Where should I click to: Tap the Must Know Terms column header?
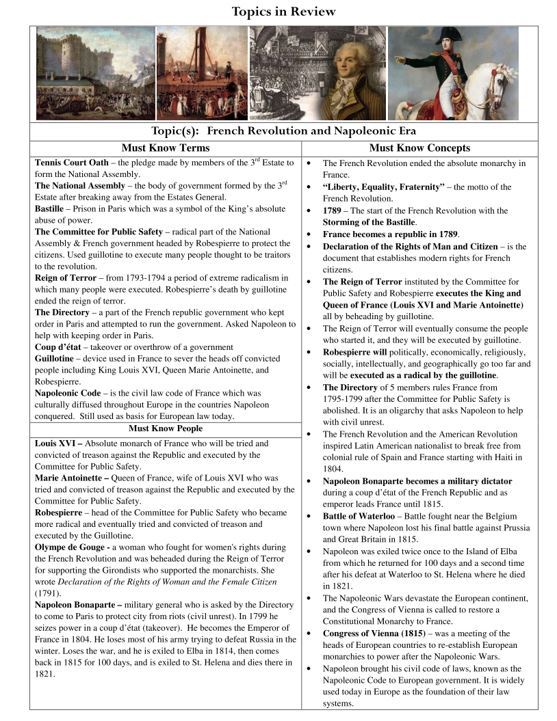166,148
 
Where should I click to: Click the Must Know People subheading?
166,428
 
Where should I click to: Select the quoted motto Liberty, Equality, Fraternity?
383,187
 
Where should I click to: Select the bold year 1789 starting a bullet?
333,210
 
